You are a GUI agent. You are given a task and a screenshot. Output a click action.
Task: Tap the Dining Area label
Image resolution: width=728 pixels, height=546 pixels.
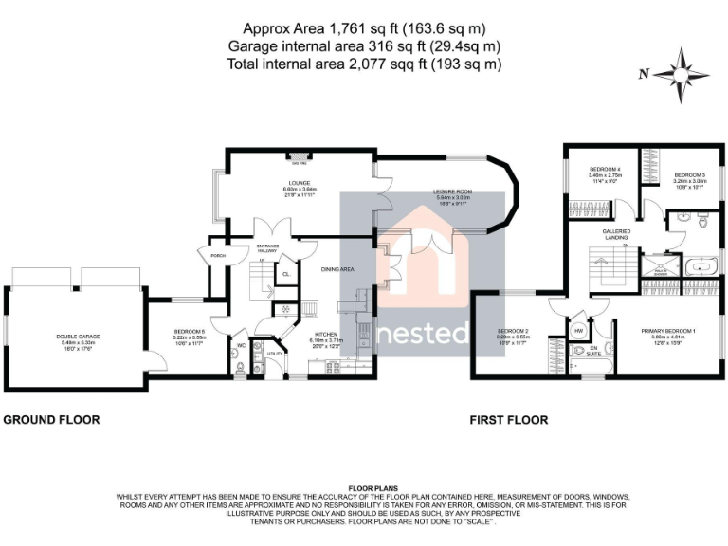click(x=337, y=270)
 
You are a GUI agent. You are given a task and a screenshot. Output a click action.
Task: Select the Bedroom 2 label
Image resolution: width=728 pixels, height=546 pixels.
click(x=513, y=330)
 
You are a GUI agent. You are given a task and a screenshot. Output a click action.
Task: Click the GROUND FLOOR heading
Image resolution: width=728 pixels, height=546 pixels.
click(x=52, y=419)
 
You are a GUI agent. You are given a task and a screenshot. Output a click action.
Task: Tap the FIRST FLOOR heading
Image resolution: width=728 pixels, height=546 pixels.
click(x=513, y=419)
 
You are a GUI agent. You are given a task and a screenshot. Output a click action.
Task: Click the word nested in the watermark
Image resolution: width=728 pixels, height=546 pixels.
click(x=425, y=333)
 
